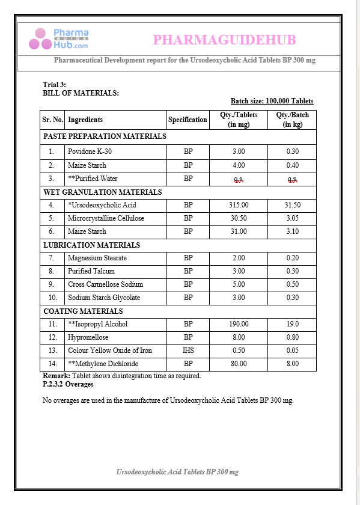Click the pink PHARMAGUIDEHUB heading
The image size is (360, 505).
224,40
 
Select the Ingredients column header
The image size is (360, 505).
85,120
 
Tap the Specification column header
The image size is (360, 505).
188,120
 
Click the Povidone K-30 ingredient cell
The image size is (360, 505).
90,151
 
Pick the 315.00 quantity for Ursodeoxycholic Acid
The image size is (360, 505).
239,205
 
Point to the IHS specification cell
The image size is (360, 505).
188,350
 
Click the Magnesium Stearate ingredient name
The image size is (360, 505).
96,258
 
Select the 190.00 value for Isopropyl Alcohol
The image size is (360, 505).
239,324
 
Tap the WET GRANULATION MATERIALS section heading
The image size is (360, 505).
103,192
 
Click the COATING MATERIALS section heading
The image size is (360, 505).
83,311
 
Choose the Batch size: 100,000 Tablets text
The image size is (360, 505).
272,101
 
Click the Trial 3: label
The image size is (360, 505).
55,85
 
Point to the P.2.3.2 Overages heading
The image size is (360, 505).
68,384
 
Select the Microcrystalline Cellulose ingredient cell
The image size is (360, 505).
106,218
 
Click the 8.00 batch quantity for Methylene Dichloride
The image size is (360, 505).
292,364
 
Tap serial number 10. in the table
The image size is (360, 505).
53,298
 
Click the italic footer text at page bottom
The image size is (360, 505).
177,472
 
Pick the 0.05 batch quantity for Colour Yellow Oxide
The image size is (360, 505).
292,350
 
